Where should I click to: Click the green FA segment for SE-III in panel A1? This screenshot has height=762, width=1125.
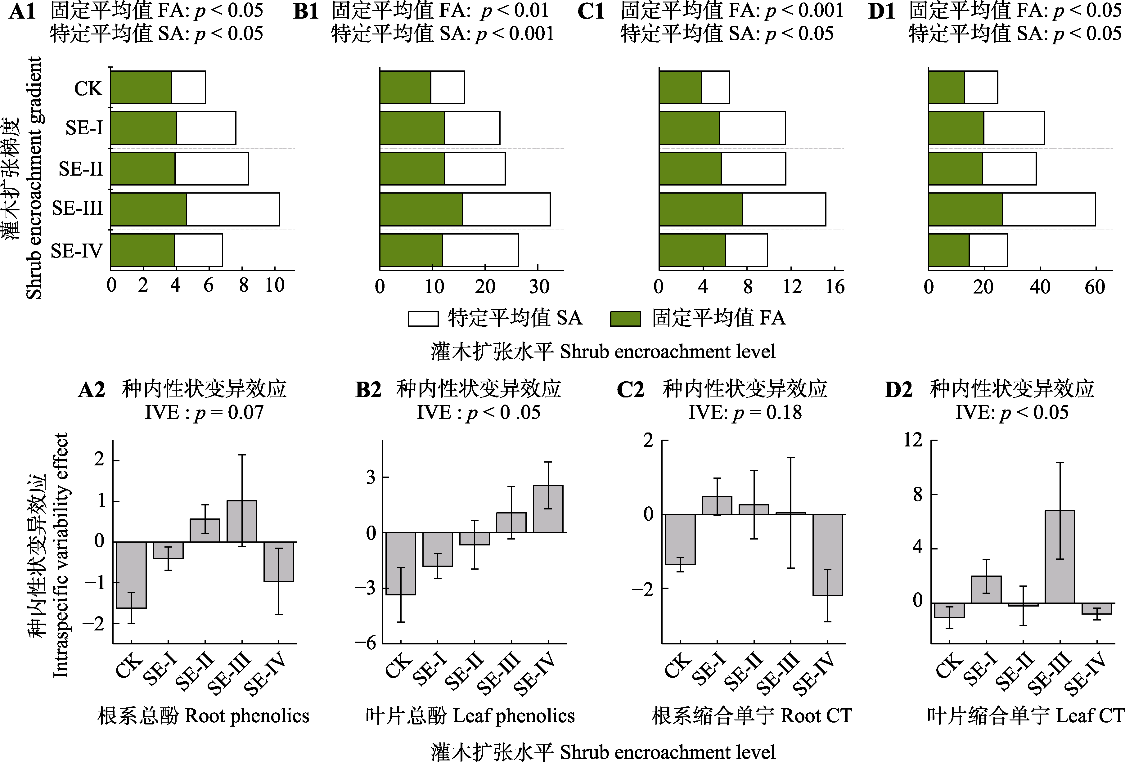[x=149, y=209]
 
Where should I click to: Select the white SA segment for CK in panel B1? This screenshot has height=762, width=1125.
[x=447, y=87]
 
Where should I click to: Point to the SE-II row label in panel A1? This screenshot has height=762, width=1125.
[x=80, y=169]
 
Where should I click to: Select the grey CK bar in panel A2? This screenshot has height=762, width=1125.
[x=131, y=575]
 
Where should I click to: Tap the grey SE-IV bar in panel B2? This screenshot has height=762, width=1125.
[x=548, y=509]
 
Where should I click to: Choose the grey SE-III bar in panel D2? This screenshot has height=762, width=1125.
[x=1060, y=556]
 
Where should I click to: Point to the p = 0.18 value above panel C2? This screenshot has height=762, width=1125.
[x=767, y=413]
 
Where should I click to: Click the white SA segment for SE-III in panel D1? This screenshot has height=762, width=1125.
[x=1049, y=209]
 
